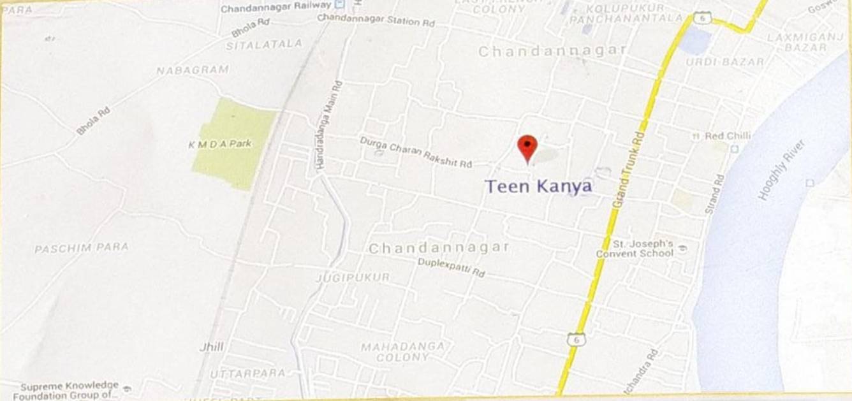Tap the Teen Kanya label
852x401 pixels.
click(x=538, y=186)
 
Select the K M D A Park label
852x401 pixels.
click(x=220, y=144)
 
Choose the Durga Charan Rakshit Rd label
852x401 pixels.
click(x=416, y=152)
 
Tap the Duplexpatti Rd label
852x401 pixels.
click(x=452, y=267)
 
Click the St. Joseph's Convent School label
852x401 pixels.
click(x=635, y=249)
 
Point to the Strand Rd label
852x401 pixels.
click(x=715, y=194)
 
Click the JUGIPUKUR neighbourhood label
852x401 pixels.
click(x=353, y=278)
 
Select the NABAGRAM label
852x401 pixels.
click(x=193, y=70)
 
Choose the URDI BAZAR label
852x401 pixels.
click(x=724, y=62)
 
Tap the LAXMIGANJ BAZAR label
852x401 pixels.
click(x=805, y=42)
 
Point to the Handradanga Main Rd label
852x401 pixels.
click(x=329, y=126)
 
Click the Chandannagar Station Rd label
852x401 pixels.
click(x=376, y=20)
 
